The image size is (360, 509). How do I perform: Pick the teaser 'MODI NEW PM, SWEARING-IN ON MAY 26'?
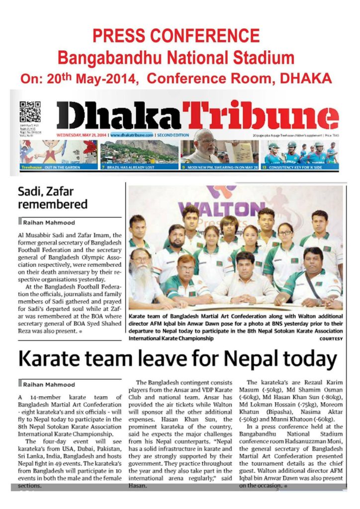point(221,168)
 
